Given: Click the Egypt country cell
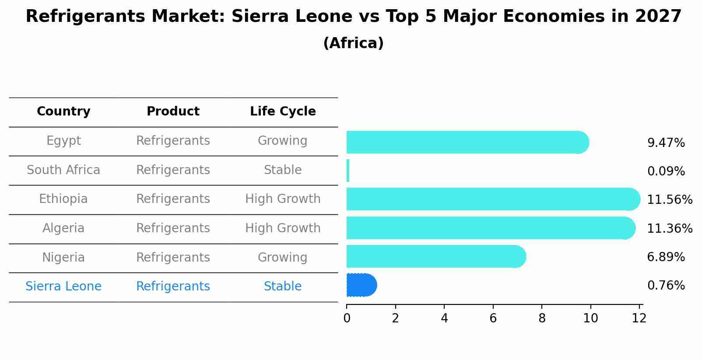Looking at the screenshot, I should pos(63,141).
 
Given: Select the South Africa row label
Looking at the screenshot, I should pos(63,170).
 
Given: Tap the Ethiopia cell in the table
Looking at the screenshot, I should pos(63,199).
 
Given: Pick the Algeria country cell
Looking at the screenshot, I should pos(63,228).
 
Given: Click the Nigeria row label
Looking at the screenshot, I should pos(63,258).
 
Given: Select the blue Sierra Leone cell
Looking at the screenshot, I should pos(63,287).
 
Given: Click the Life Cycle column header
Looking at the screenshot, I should pos(283,112).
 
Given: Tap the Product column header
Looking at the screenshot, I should pos(173,112).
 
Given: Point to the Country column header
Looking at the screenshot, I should pos(63,112).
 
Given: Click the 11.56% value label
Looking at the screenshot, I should pos(669,200).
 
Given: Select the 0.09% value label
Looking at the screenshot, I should pos(666,171).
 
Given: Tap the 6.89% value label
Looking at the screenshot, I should pos(666,257).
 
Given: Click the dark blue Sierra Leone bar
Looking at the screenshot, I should pos(361,285).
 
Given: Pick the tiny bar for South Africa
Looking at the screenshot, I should pos(348,171).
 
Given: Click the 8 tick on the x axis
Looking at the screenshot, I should pos(542,318).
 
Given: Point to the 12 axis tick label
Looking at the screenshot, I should pos(639,318).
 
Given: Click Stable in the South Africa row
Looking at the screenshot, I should pos(283,170).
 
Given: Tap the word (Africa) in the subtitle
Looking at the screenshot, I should pos(353,43).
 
